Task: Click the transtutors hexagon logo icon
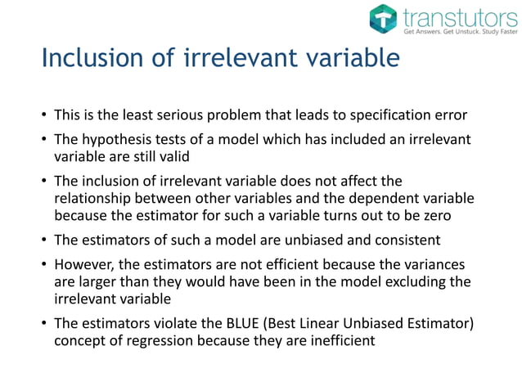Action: click(x=382, y=19)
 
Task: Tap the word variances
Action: click(x=433, y=266)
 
